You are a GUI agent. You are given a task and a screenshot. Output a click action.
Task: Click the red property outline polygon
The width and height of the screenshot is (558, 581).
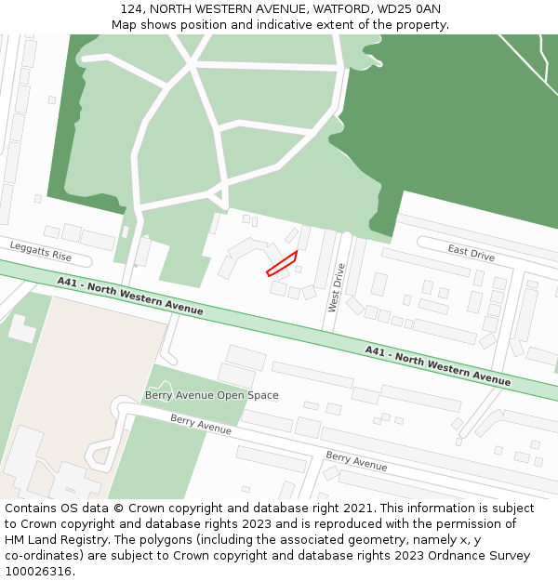(x=282, y=263)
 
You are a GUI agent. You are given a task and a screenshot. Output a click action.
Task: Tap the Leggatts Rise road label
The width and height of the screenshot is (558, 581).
(x=40, y=251)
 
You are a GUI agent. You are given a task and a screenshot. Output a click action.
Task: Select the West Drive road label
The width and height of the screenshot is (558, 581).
(x=337, y=287)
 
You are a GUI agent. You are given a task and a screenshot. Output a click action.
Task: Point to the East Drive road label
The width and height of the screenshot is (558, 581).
(x=471, y=253)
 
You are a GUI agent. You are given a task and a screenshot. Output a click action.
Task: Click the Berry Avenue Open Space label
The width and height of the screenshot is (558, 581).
(x=211, y=395)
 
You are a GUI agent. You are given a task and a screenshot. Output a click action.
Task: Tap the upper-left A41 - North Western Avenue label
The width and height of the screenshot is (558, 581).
(x=129, y=297)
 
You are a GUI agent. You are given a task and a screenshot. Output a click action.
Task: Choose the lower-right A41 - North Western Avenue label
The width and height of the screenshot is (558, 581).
(x=437, y=365)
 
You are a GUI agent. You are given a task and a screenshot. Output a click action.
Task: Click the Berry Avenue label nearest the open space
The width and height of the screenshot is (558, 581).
(x=201, y=424)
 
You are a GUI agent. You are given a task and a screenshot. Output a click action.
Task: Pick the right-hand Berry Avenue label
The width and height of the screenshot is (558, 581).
(x=356, y=461)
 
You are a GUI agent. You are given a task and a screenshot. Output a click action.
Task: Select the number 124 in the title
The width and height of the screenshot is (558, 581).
(x=131, y=9)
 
